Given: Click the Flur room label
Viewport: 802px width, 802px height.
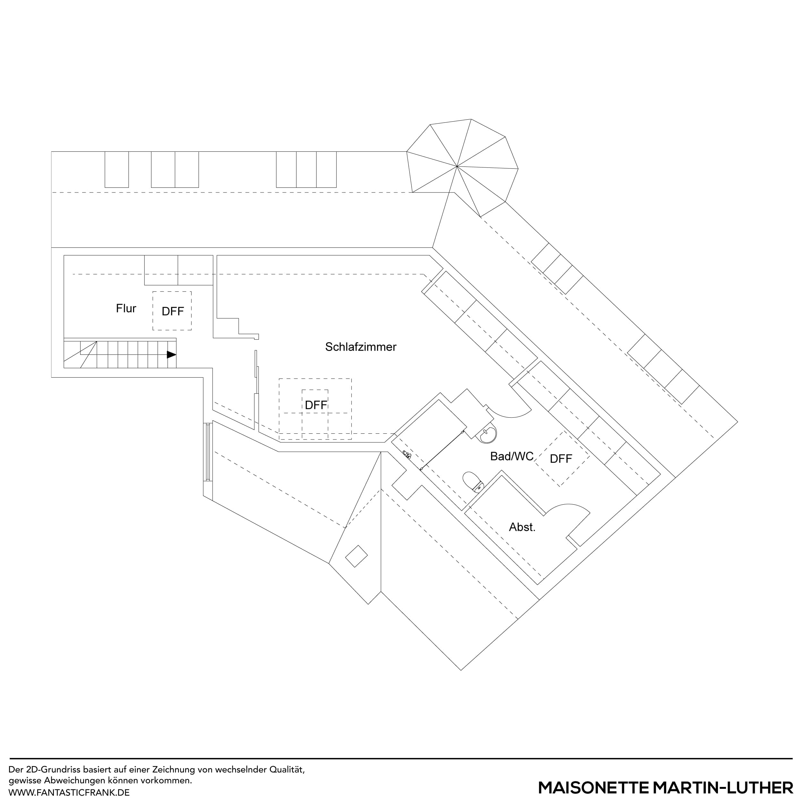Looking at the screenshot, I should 126,308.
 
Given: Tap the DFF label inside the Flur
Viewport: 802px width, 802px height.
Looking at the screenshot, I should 172,311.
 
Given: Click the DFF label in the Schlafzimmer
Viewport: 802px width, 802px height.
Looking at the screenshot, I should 316,405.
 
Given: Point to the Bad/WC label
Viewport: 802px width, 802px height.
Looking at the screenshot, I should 511,456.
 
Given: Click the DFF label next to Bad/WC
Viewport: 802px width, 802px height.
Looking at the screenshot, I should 561,459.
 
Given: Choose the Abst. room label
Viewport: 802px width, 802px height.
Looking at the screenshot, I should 522,527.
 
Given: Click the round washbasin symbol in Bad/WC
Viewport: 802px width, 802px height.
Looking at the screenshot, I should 488,435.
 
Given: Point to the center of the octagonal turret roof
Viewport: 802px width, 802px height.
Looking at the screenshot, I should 457,166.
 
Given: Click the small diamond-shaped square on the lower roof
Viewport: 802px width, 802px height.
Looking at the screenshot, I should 356,556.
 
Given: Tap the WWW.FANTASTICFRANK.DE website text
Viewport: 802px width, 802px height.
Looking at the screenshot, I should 69,792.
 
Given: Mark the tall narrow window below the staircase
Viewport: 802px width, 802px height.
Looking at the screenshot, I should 208,452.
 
